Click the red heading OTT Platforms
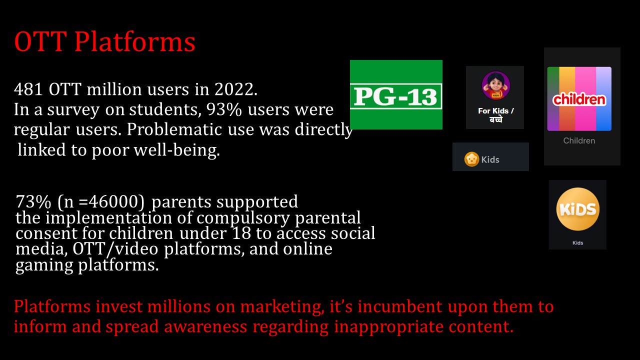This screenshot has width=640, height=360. pyautogui.click(x=104, y=42)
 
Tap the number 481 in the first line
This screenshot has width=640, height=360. pyautogui.click(x=28, y=89)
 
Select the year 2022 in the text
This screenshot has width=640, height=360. pyautogui.click(x=233, y=89)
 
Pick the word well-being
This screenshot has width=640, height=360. pyautogui.click(x=176, y=150)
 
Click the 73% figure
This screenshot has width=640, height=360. pyautogui.click(x=33, y=201)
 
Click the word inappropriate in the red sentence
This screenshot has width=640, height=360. pyautogui.click(x=388, y=327)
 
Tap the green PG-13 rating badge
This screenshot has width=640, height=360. pyautogui.click(x=396, y=94)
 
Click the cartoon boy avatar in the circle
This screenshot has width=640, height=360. pyautogui.click(x=495, y=85)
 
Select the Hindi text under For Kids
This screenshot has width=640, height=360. pyautogui.click(x=495, y=119)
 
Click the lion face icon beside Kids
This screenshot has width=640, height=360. pyautogui.click(x=471, y=159)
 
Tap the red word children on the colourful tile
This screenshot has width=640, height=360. pyautogui.click(x=579, y=99)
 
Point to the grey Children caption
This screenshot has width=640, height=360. pyautogui.click(x=579, y=140)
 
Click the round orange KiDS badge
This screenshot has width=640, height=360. pyautogui.click(x=577, y=209)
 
